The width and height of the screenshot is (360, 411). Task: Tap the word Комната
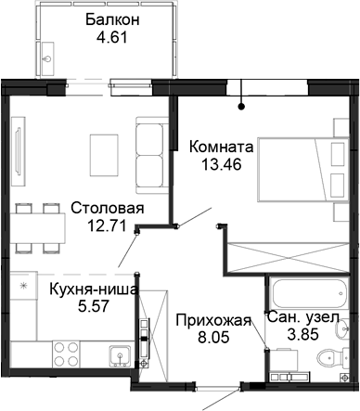tap(219, 146)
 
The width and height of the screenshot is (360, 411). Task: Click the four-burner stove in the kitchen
tap(65, 355)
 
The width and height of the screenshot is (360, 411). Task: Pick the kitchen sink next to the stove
tap(118, 355)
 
